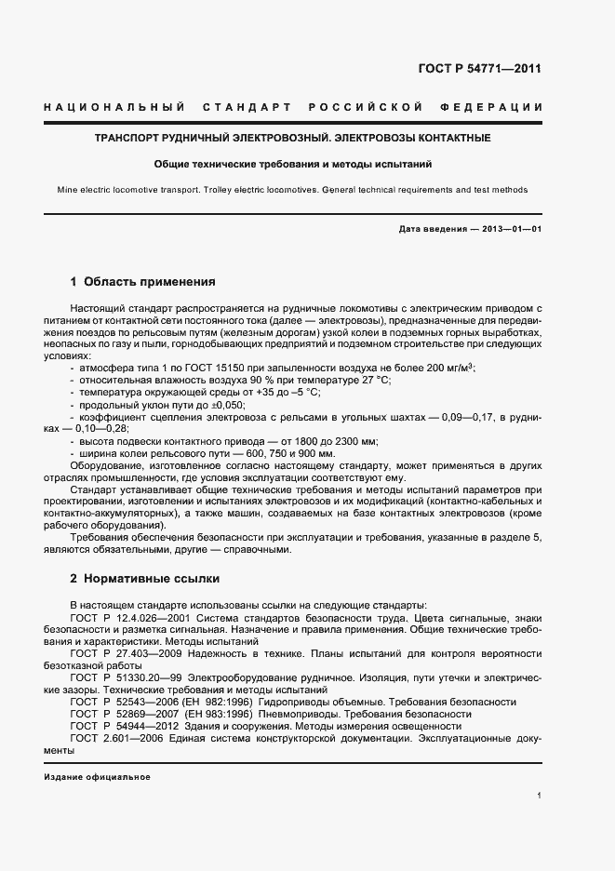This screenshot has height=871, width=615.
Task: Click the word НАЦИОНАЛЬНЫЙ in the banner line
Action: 114,108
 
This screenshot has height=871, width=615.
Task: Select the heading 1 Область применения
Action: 143,280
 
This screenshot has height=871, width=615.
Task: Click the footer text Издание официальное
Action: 97,776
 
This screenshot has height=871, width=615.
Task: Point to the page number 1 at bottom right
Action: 540,796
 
